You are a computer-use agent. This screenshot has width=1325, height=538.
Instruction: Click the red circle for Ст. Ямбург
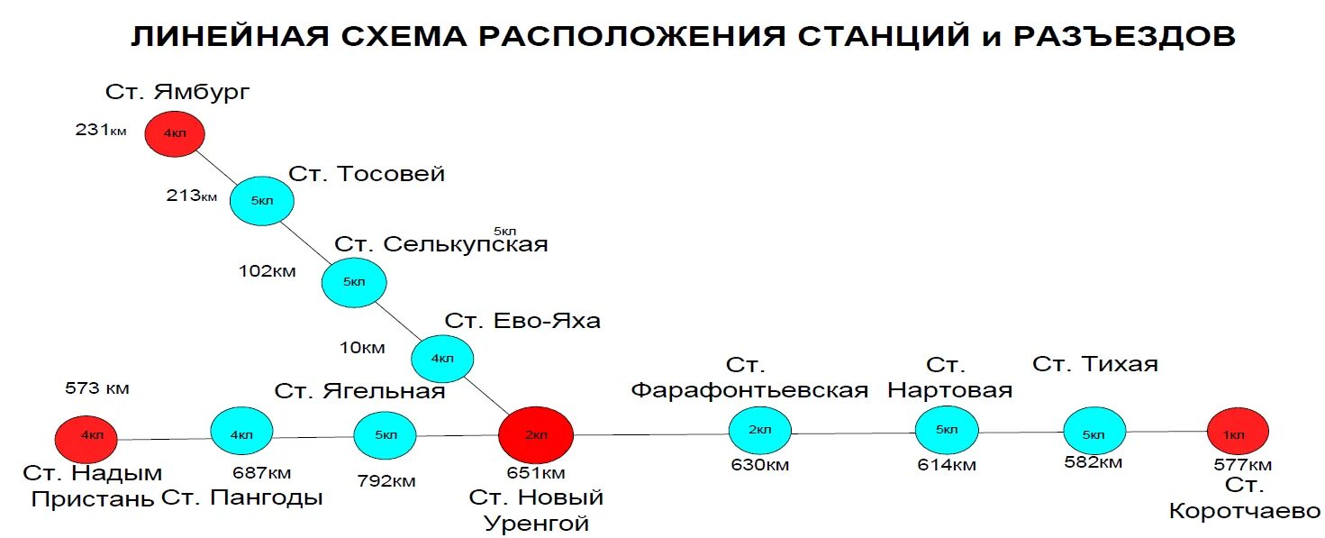[175, 133]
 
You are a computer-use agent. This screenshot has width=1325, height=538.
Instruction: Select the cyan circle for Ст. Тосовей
[262, 200]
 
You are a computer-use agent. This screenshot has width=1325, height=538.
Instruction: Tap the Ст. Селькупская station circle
[354, 282]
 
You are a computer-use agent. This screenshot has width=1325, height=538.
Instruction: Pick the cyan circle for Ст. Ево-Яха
[442, 359]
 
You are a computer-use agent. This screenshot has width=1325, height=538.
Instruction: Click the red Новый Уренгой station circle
[536, 435]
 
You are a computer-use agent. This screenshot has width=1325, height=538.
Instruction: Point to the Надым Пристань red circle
[86, 437]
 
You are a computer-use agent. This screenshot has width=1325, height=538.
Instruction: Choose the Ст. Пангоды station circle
[241, 433]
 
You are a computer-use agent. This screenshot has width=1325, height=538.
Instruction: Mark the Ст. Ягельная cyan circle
[386, 435]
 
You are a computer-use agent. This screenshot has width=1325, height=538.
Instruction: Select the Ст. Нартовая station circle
[947, 431]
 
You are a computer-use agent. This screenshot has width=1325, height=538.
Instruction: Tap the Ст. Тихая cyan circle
[1094, 433]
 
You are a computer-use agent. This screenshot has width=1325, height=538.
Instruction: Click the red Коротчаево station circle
[1238, 433]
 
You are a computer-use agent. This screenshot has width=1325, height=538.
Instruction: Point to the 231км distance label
[100, 131]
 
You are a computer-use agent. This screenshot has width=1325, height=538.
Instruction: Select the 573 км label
[97, 389]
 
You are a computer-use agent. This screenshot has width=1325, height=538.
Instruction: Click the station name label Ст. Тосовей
[367, 174]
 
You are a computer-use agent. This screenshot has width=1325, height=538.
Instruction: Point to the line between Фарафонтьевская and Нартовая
[853, 433]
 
